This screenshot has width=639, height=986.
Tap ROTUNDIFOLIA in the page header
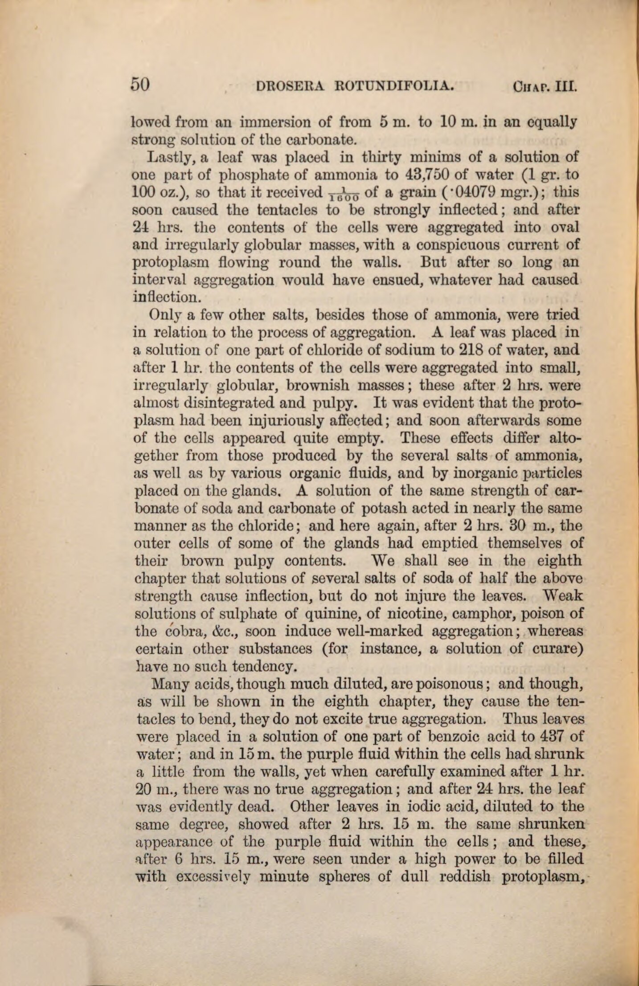pos(394,85)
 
